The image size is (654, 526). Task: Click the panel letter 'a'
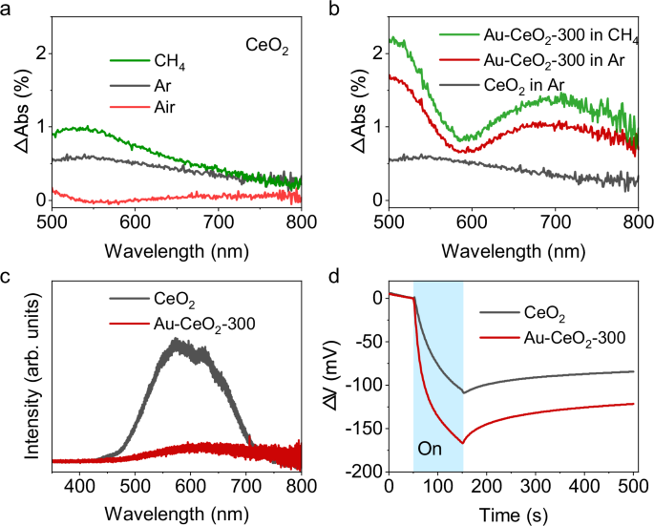coord(8,10)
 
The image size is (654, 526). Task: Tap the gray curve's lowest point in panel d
coord(463,392)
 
